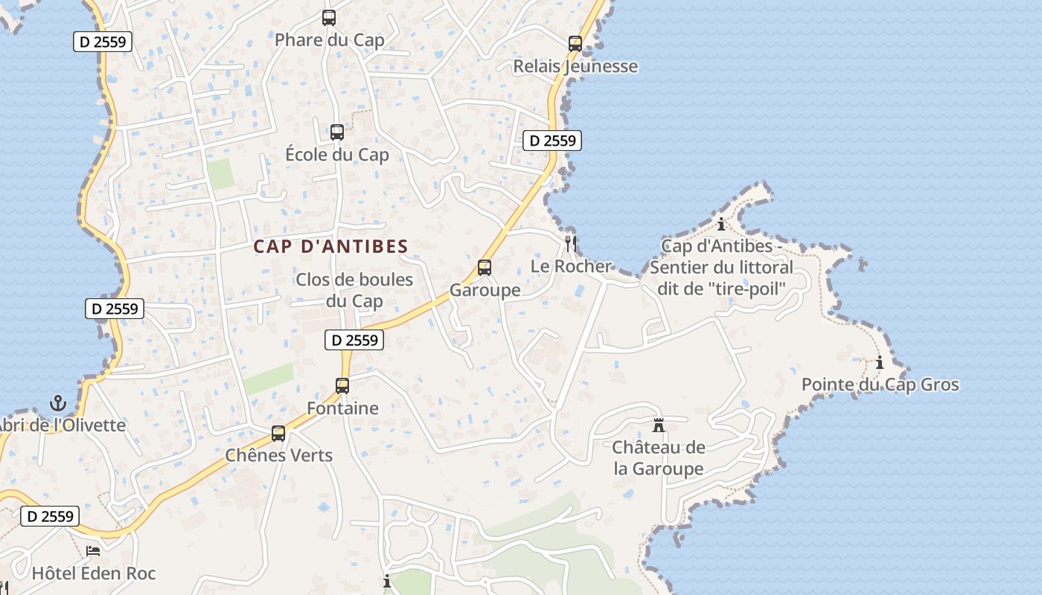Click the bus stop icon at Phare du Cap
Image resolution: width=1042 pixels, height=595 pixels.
click(x=329, y=18)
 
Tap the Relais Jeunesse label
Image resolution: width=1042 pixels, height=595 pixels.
click(x=575, y=66)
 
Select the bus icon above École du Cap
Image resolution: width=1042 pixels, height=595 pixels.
click(x=337, y=132)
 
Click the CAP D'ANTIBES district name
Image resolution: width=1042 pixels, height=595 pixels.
click(x=330, y=246)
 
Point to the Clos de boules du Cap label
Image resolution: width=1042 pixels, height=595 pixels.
click(x=354, y=290)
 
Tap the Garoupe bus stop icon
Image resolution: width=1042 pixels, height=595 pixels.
click(x=485, y=268)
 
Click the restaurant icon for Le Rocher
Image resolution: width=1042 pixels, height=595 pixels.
click(x=571, y=243)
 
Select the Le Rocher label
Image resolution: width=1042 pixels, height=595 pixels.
click(x=571, y=266)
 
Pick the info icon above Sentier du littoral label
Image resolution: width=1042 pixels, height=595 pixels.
click(x=720, y=224)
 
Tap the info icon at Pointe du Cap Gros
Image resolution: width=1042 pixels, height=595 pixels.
click(x=880, y=363)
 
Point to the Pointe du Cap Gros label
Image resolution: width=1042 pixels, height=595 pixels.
click(x=880, y=385)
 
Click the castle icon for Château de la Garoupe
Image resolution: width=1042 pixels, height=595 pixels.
click(x=659, y=425)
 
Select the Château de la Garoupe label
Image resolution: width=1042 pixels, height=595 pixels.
click(x=659, y=458)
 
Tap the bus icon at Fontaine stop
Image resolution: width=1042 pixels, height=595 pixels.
click(x=342, y=386)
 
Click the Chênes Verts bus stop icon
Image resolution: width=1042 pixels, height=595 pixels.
click(x=278, y=433)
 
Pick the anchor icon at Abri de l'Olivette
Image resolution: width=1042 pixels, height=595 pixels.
click(x=58, y=404)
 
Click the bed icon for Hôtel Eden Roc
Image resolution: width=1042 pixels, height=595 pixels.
click(x=93, y=551)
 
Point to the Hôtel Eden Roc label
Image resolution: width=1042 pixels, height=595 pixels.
click(x=94, y=573)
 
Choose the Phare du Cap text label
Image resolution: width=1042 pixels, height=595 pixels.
click(x=329, y=40)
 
